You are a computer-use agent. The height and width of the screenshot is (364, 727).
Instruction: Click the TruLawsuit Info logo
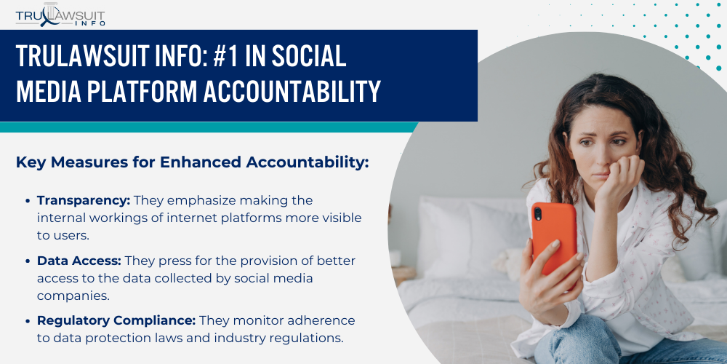click(60, 15)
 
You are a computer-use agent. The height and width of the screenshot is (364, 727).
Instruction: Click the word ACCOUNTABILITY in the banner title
click(292, 91)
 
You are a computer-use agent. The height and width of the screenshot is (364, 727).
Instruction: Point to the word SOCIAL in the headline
click(309, 56)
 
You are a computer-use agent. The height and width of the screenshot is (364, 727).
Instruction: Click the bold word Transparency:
click(84, 201)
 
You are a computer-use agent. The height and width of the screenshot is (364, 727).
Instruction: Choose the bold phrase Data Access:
click(79, 261)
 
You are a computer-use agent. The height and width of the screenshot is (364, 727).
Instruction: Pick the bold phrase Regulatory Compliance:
click(116, 320)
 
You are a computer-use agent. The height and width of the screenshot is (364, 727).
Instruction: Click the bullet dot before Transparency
click(29, 201)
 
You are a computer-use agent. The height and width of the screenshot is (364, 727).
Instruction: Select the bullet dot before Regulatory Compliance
click(29, 320)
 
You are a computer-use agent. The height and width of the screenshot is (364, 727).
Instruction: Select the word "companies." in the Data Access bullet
click(73, 296)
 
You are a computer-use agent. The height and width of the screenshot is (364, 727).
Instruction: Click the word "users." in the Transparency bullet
click(63, 235)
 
